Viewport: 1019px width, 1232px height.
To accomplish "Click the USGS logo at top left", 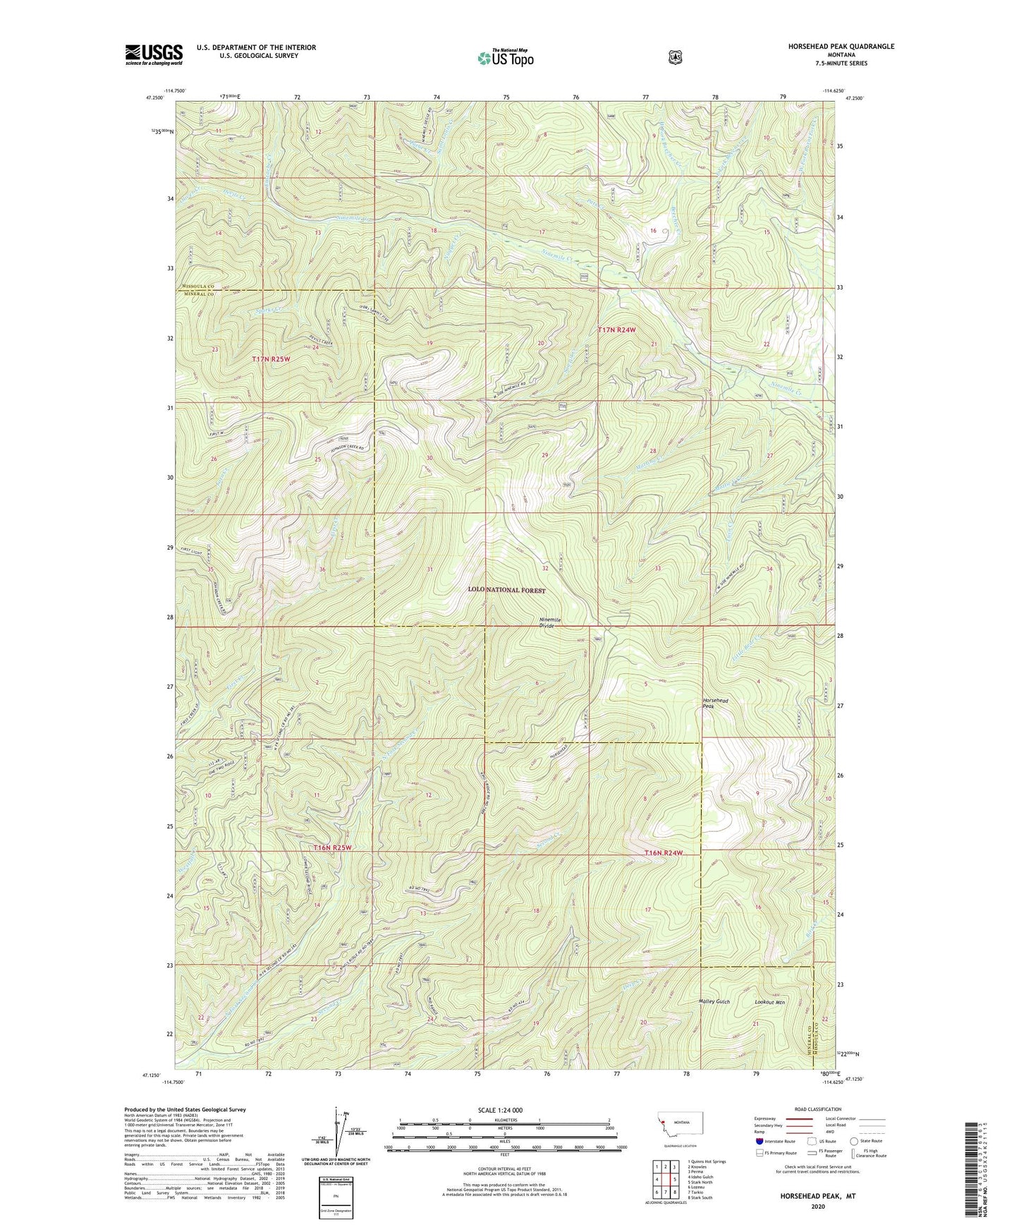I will pyautogui.click(x=154, y=54).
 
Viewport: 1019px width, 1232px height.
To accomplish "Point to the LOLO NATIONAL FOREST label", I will pyautogui.click(x=506, y=590).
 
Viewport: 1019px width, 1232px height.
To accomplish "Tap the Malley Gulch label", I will pyautogui.click(x=714, y=1001).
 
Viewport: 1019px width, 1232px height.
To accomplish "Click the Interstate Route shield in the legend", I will pyautogui.click(x=758, y=1141).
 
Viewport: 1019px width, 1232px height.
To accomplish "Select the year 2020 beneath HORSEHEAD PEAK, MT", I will pyautogui.click(x=818, y=1207).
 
